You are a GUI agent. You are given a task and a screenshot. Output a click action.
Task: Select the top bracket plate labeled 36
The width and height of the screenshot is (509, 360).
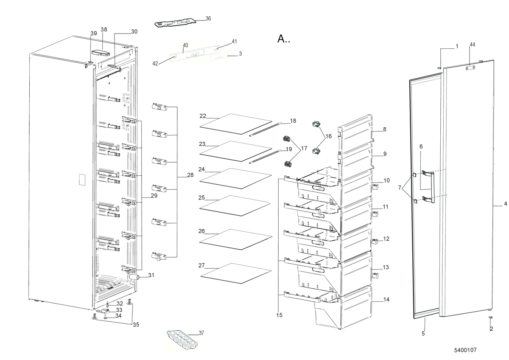tap(176, 23)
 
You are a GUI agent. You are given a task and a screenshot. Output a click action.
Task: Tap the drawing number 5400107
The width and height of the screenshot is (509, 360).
tap(465, 350)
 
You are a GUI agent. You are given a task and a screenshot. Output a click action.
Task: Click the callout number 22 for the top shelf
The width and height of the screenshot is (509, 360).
tap(203, 116)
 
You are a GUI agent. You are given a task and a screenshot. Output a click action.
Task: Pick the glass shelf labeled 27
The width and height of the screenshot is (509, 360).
tap(235, 273)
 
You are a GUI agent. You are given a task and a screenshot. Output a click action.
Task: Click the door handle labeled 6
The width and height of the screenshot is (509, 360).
tap(429, 186)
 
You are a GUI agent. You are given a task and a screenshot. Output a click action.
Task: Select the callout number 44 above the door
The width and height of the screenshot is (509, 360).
tap(472, 45)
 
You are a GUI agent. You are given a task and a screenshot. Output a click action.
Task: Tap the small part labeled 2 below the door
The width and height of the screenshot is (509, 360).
tap(490, 318)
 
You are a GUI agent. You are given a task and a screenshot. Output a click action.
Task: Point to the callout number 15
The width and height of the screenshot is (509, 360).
tap(279, 315)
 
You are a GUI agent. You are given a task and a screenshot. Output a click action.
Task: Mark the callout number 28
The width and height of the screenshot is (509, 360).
tap(190, 175)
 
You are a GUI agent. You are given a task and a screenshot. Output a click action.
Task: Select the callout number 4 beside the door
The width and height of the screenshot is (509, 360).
tap(505, 204)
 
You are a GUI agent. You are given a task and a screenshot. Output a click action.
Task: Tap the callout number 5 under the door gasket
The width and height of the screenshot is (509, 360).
tap(423, 334)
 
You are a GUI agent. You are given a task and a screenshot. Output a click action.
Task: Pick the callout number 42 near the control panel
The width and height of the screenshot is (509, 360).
tap(155, 64)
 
